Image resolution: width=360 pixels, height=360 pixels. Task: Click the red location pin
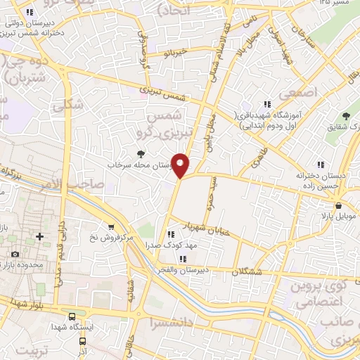[181, 164]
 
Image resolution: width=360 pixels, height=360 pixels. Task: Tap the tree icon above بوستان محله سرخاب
[141, 153]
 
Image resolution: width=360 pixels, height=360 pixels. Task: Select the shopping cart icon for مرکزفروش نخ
[111, 226]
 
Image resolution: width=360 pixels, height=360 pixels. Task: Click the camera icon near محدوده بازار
[15, 254]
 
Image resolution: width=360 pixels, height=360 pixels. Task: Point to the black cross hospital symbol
[40, 235]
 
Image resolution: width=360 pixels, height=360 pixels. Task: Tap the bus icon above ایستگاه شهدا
[72, 316]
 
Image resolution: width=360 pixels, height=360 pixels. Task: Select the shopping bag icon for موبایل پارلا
[340, 206]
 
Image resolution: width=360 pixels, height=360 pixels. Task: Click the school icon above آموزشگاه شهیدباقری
[266, 104]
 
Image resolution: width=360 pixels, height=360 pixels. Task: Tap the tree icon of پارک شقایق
[345, 116]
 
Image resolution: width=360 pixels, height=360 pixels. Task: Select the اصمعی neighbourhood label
[299, 93]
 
